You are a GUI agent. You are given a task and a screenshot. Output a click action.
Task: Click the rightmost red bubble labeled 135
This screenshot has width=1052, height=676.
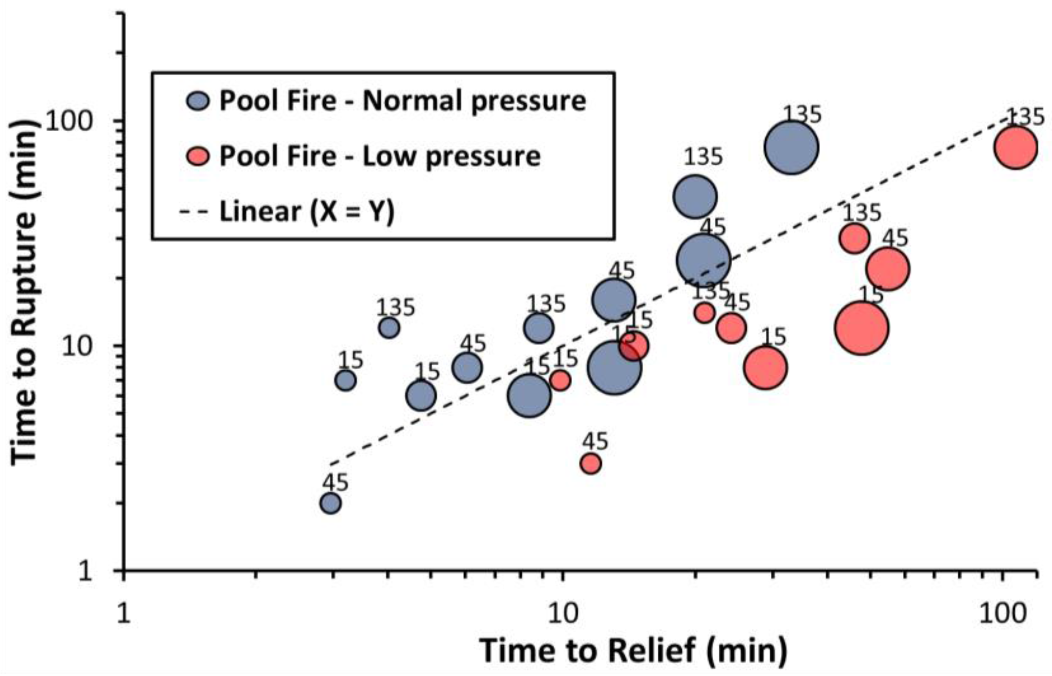pos(1016,147)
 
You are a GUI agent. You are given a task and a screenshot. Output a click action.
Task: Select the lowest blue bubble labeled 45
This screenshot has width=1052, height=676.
pos(331,503)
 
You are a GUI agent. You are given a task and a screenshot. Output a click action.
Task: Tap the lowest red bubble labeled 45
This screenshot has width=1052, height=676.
pos(590,464)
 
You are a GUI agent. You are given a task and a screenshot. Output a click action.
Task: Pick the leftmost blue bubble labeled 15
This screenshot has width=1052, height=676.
pos(346,381)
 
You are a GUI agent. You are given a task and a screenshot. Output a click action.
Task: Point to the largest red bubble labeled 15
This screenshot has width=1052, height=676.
pos(862,328)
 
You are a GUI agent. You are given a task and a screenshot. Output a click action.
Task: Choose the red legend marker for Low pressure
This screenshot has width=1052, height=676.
pos(199,157)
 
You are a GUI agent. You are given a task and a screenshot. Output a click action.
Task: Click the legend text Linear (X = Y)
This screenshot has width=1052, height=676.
pos(307,212)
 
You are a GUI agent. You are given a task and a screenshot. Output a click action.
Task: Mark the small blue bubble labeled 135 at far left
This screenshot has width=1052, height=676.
pos(389,328)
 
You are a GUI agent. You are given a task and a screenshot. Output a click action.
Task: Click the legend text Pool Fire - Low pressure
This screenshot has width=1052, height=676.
pos(380,157)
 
